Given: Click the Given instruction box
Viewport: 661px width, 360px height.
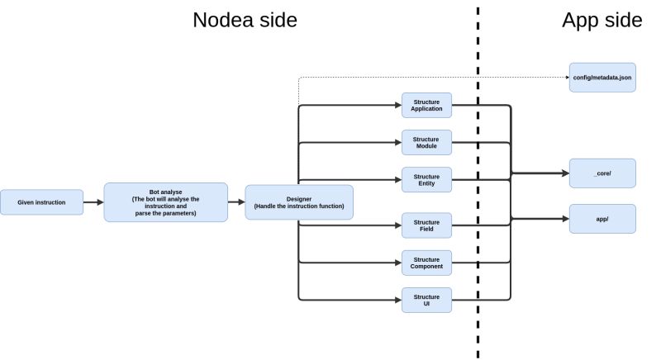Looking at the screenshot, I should coord(42,201).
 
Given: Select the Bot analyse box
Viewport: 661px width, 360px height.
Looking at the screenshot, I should coord(165,201).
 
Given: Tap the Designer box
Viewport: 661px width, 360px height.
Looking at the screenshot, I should coord(298,201).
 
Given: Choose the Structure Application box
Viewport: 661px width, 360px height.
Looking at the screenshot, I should coord(426,105).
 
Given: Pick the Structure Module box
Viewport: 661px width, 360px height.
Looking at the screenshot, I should coord(426,143).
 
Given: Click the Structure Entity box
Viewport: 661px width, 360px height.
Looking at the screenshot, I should coord(426,180).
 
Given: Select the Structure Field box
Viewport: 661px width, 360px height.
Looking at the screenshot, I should coord(426,225).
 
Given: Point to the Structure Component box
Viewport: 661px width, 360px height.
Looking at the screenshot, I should coord(426,263).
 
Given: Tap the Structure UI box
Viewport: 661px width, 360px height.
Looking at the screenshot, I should coord(426,300).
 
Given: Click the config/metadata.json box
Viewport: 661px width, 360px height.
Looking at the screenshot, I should coord(602,77).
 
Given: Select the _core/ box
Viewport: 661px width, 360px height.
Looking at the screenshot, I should coord(602,173).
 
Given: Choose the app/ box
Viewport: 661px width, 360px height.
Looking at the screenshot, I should coord(602,219).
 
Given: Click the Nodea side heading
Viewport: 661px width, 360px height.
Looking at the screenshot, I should coord(245,21).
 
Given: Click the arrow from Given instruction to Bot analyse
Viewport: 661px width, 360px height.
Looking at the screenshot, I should coord(93,201).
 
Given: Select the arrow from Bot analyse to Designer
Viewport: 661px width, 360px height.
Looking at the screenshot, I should coord(236,201).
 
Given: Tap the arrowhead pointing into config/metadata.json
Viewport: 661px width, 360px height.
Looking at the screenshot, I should coord(565,77).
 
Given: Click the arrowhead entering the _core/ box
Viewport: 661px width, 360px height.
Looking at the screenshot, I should coord(564,173).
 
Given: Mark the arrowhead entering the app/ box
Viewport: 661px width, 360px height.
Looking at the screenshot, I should coord(564,219).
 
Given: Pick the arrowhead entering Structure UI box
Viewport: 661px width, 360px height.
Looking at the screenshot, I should coord(397,300).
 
